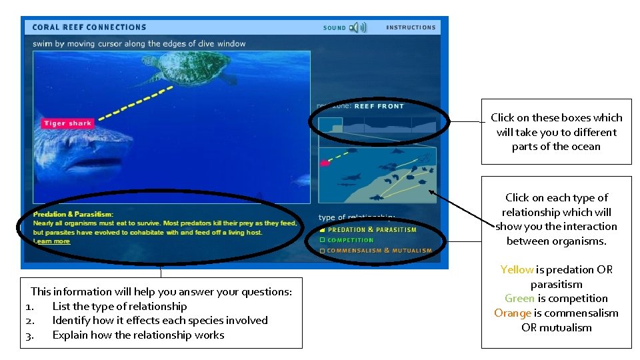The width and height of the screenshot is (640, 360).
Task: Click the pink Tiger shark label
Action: coord(67,123)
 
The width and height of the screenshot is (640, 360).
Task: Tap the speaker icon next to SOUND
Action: coord(358,27)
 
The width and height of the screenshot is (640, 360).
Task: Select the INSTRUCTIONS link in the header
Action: coord(411,27)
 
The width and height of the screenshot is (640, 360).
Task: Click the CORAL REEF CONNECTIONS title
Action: coord(89,27)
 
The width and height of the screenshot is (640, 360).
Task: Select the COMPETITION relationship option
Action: coord(350,240)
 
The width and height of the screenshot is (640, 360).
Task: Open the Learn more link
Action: coord(52,241)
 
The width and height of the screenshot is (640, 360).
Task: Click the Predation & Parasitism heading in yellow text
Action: coord(73,214)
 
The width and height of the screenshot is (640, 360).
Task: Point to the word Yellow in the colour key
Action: coord(517,270)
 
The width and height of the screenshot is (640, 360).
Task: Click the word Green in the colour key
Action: coord(519,299)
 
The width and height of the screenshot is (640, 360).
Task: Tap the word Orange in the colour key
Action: coord(512,313)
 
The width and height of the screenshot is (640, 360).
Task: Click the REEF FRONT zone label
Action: coord(379,106)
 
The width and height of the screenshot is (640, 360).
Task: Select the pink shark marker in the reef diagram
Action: coord(325,163)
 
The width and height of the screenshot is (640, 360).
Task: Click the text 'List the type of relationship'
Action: coord(119,306)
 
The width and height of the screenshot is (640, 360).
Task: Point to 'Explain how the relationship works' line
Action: coord(138,335)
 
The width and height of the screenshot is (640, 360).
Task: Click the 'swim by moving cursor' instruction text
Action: coord(139,44)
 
